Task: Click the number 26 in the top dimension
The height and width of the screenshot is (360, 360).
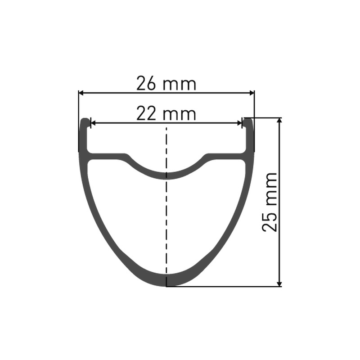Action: [146, 84]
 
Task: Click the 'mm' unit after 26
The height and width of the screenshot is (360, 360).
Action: [179, 85]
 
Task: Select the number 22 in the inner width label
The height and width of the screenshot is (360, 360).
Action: [146, 114]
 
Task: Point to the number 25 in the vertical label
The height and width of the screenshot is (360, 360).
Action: [270, 221]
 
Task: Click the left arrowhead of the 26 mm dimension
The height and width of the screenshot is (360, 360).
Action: [81, 93]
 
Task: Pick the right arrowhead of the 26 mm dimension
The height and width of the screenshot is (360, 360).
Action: [252, 93]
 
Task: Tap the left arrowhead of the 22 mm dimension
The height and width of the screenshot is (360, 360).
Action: [94, 123]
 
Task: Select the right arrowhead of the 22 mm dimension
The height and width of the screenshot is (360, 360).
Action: [239, 123]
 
